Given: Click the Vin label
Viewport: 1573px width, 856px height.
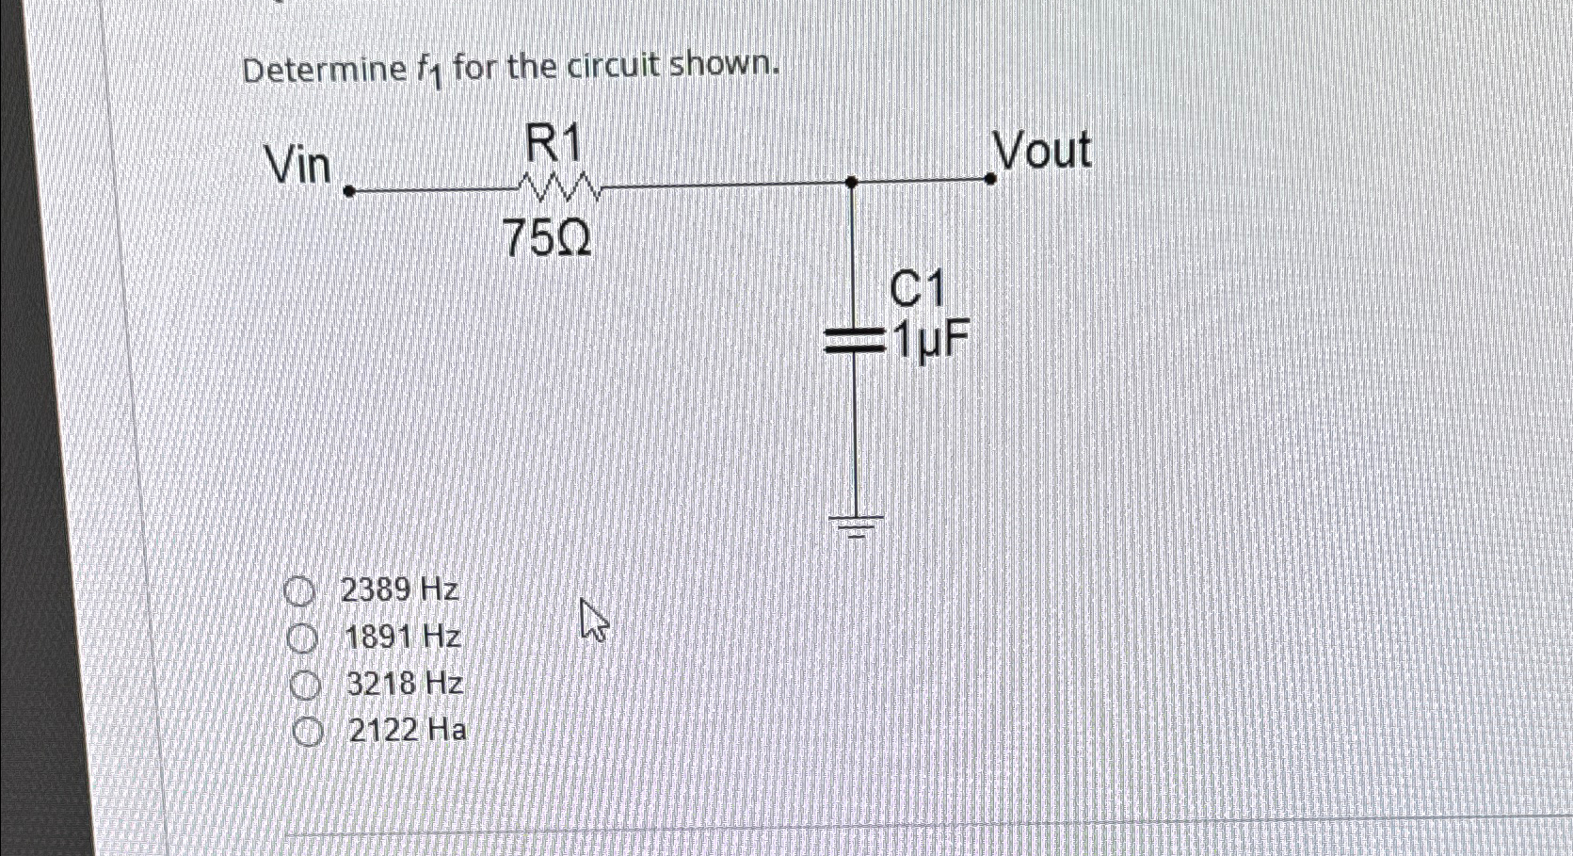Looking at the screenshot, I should coord(298,166).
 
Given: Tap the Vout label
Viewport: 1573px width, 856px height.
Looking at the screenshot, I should coord(1041,151).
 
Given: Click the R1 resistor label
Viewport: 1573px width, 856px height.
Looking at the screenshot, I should coord(553,146).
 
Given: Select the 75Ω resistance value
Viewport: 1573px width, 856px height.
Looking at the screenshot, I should coord(548,238).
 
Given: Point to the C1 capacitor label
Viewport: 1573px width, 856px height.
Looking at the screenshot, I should coord(916,289).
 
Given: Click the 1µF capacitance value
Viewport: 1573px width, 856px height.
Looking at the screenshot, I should coord(930,341).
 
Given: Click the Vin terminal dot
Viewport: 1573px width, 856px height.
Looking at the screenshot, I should coord(348,191).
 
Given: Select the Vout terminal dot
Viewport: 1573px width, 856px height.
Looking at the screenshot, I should coord(989,177).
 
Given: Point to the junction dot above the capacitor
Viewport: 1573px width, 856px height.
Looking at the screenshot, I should coord(851,182).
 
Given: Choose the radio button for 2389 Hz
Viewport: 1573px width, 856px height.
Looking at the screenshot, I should coord(299,591).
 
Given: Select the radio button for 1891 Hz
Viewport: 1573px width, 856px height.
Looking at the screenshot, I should coord(302,638).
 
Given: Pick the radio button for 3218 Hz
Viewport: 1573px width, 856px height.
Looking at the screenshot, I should coord(304,686).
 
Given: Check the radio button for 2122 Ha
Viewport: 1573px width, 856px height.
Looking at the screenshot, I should coord(307,732).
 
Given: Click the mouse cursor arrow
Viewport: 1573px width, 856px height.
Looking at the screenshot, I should coord(593,621).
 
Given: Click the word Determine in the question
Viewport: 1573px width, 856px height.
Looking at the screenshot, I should coord(324,71).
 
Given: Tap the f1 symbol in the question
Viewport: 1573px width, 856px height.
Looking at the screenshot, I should coord(428,71).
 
